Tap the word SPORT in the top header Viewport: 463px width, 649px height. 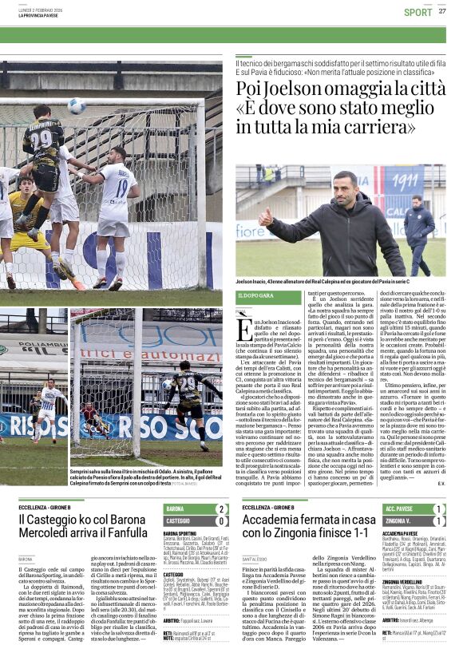point(417,12)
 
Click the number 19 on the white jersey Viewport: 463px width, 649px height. point(121,190)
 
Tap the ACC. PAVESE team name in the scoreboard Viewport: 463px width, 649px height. point(401,509)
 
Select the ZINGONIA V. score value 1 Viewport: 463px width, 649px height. point(438,520)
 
